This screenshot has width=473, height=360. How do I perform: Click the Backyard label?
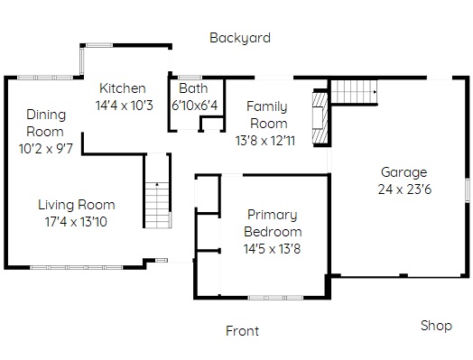click(240, 38)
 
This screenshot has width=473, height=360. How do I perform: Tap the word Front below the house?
click(242, 331)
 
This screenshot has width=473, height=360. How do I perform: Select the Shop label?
click(436, 326)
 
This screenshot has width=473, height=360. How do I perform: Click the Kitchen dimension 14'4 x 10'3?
click(124, 106)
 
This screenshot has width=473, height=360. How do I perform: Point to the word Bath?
click(193, 88)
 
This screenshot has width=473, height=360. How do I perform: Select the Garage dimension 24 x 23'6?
click(404, 189)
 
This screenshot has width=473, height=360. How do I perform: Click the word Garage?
click(403, 172)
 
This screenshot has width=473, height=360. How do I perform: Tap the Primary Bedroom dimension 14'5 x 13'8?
click(272, 249)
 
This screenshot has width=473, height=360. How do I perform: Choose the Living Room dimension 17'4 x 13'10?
click(76, 222)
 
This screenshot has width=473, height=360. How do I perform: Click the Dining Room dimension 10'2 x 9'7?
click(46, 149)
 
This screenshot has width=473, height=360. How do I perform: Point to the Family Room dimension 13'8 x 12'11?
click(265, 141)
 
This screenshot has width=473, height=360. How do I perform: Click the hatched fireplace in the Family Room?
click(320, 119)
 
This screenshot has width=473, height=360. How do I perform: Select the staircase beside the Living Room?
click(157, 205)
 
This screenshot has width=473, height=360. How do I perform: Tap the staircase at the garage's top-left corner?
click(354, 92)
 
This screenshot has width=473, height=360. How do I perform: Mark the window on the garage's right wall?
click(468, 190)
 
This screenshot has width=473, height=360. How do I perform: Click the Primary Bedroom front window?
click(275, 298)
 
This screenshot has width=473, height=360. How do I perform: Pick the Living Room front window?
click(77, 267)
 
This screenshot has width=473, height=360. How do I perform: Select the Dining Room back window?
click(45, 78)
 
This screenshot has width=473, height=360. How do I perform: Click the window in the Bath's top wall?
click(190, 78)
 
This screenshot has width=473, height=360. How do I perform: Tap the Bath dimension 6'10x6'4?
click(195, 106)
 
